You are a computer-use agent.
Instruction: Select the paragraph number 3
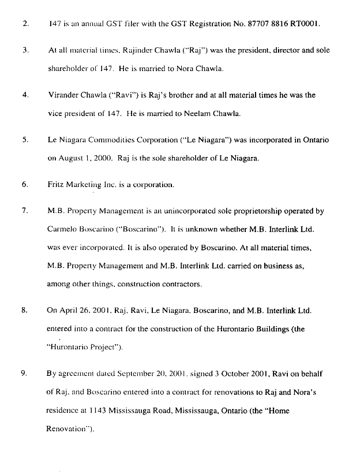point(25,50)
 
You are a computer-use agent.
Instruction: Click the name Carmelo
point(62,229)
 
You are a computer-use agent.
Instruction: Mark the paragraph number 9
point(25,373)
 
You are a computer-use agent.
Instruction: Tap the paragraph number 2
point(25,25)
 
